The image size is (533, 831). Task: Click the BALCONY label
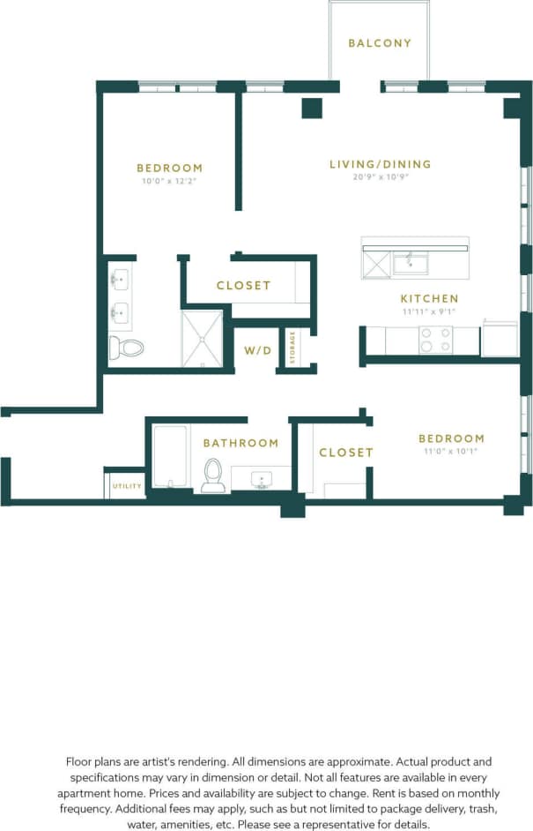pyautogui.click(x=380, y=42)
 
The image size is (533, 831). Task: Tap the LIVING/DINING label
pyautogui.click(x=380, y=164)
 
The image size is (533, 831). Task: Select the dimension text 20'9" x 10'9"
pyautogui.click(x=380, y=176)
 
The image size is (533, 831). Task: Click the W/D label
pyautogui.click(x=258, y=351)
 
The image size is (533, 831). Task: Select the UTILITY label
pyautogui.click(x=125, y=486)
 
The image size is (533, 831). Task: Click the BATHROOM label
pyautogui.click(x=241, y=443)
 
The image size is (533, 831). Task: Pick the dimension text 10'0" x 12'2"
pyautogui.click(x=169, y=180)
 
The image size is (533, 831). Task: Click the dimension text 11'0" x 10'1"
pyautogui.click(x=451, y=451)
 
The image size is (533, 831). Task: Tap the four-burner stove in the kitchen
pyautogui.click(x=435, y=341)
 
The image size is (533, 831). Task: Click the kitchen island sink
pyautogui.click(x=411, y=262)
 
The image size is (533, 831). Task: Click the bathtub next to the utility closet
pyautogui.click(x=169, y=457)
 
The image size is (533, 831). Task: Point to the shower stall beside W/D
pyautogui.click(x=202, y=338)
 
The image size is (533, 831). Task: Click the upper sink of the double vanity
pyautogui.click(x=120, y=281)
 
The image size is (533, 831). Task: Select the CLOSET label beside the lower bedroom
pyautogui.click(x=346, y=453)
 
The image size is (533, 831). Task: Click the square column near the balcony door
pyautogui.click(x=310, y=108)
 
